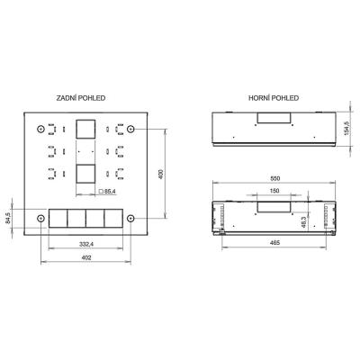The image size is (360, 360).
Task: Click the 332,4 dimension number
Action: (86, 244)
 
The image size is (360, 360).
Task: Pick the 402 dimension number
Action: (86, 259)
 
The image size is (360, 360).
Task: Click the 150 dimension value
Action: (273, 192)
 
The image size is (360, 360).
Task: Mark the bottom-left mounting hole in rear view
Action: (40, 219)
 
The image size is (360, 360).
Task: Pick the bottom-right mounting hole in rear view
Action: (131, 219)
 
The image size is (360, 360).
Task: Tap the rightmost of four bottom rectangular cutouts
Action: (112, 220)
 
